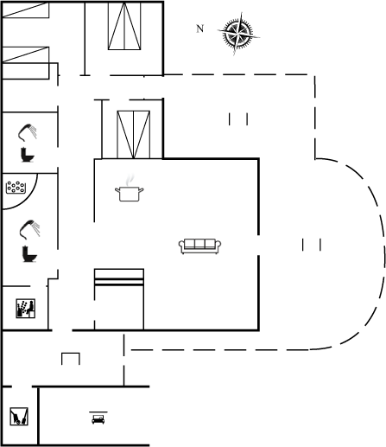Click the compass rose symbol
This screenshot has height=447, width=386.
238,34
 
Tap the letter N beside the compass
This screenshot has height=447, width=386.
199,29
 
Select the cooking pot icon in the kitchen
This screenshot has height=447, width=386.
130,194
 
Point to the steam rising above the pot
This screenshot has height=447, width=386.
130,180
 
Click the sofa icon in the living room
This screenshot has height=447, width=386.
199,246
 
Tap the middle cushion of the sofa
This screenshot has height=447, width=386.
199,244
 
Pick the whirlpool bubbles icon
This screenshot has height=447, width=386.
16,188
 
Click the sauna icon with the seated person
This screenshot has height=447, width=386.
26,309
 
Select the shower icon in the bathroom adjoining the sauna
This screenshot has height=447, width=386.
29,230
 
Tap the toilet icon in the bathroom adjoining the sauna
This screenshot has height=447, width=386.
29,254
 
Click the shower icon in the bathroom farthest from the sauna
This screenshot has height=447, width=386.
28,133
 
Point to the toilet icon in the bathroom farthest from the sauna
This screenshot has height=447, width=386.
28,155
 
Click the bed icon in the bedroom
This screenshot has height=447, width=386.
98,419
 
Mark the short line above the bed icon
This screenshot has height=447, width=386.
98,412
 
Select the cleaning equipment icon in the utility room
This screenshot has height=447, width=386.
19,416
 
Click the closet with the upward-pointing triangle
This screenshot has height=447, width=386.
124,26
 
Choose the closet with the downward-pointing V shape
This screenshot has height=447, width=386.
134,135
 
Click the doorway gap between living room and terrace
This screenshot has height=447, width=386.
258,245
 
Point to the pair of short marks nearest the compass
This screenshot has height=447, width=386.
238,119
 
